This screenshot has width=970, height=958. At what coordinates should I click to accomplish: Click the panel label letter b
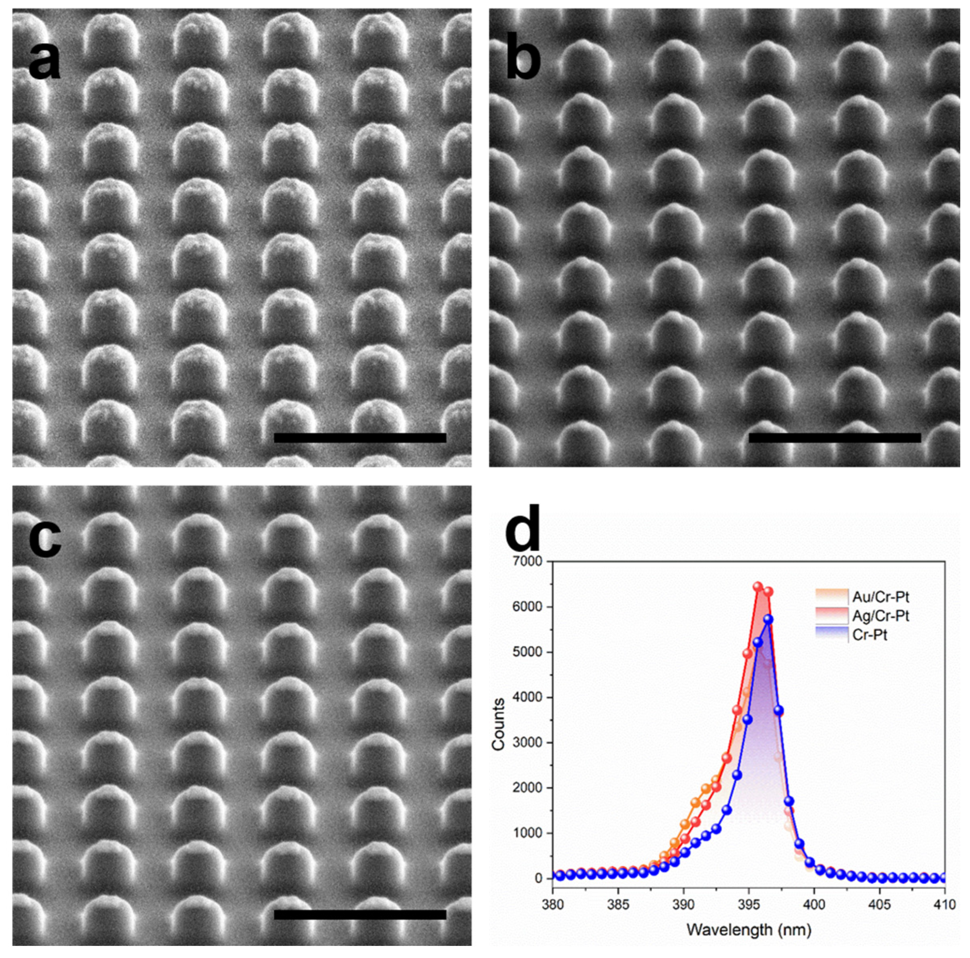(x=523, y=62)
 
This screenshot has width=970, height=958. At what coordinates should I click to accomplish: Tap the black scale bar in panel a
(x=360, y=438)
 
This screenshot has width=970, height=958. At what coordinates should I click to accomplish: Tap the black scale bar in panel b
(x=834, y=438)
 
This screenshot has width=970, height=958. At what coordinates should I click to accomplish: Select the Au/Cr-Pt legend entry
(x=880, y=597)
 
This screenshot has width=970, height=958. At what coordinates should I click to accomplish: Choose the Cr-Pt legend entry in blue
(x=870, y=635)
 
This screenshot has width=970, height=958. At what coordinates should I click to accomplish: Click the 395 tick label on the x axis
(x=749, y=904)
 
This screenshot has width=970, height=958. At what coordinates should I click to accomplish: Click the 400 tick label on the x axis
(x=814, y=904)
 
